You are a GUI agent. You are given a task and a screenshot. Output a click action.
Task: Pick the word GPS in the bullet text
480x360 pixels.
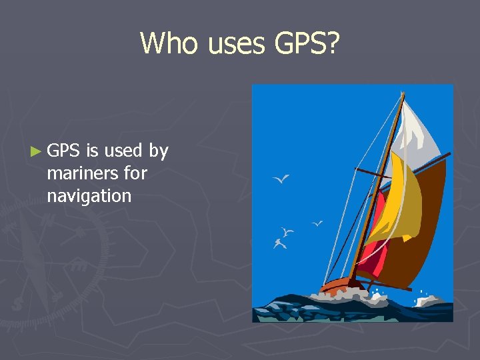coord(64,151)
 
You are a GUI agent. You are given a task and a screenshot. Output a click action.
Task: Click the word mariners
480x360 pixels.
coord(77,173)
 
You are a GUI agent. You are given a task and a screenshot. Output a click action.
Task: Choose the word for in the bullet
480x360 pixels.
coord(135,173)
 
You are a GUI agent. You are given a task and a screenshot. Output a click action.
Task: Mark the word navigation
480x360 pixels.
coord(89,196)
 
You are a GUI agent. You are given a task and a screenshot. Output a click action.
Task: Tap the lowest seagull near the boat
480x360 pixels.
coord(280,243)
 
